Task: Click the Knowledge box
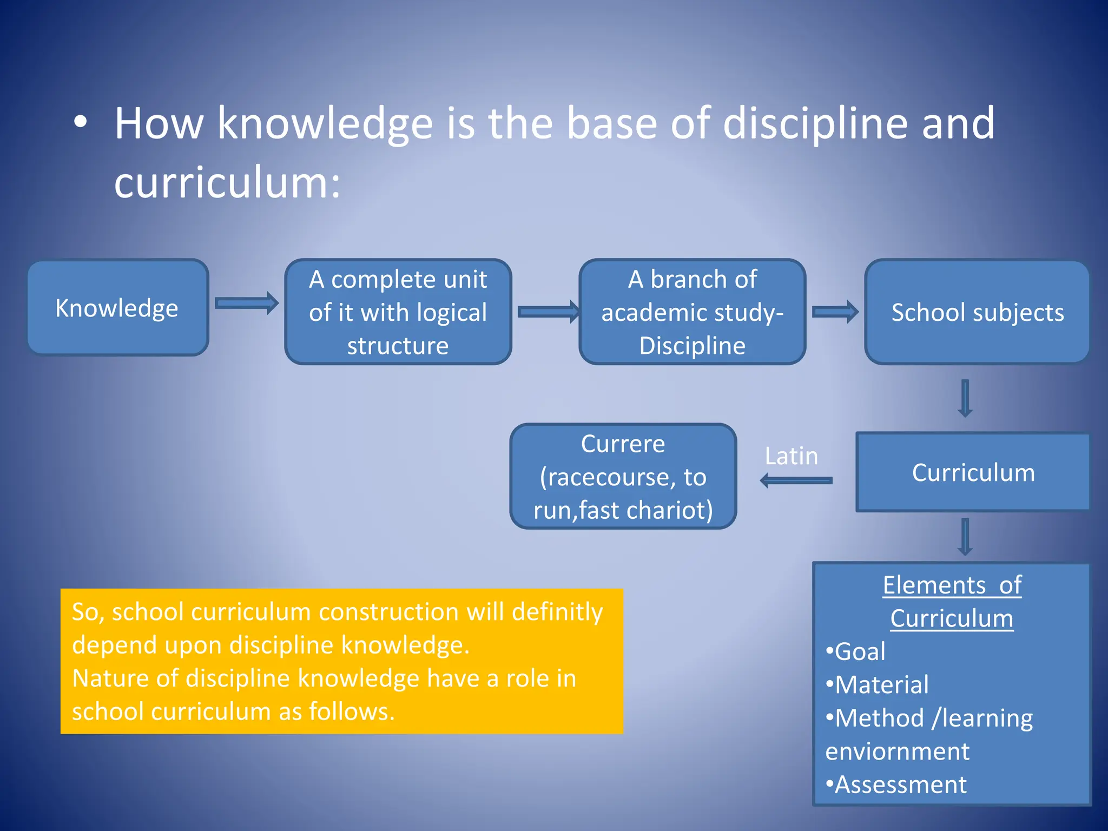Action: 117,307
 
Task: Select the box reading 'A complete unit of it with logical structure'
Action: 398,312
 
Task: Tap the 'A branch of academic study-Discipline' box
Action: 692,312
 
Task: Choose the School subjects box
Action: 977,312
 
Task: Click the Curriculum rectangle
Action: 973,472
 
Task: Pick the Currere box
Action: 623,476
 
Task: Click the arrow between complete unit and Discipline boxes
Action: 548,312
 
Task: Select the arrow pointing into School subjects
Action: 835,312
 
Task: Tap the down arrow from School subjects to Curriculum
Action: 965,398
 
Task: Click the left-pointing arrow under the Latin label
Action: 796,480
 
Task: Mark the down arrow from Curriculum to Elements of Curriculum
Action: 965,537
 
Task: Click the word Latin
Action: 791,456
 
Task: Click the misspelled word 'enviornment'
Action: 897,751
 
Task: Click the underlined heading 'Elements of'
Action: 952,585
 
